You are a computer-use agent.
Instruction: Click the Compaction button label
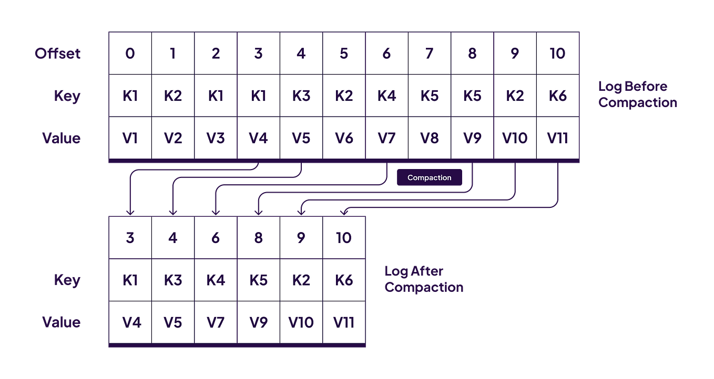(429, 178)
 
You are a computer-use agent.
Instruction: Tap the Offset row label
(58, 53)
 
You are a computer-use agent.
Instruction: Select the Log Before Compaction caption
(637, 94)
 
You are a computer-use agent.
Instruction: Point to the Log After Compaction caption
(423, 279)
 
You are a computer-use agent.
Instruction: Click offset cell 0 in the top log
(130, 53)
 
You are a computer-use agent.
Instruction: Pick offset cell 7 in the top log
(429, 53)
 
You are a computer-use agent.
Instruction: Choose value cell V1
(130, 138)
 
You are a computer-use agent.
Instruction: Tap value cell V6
(344, 138)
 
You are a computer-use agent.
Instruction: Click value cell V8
(429, 138)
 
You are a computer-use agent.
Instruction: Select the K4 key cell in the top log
(386, 96)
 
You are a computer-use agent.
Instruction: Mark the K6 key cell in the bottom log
(344, 280)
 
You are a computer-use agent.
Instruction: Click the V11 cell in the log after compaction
(344, 322)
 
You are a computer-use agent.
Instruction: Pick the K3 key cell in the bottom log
(173, 280)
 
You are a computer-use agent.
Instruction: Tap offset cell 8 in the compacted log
(258, 238)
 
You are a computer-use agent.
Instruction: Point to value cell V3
(216, 138)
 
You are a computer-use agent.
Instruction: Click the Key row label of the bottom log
(67, 280)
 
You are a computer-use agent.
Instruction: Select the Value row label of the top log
(62, 138)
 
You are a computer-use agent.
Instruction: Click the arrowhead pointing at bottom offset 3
(130, 211)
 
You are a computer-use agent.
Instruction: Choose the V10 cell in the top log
(515, 138)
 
